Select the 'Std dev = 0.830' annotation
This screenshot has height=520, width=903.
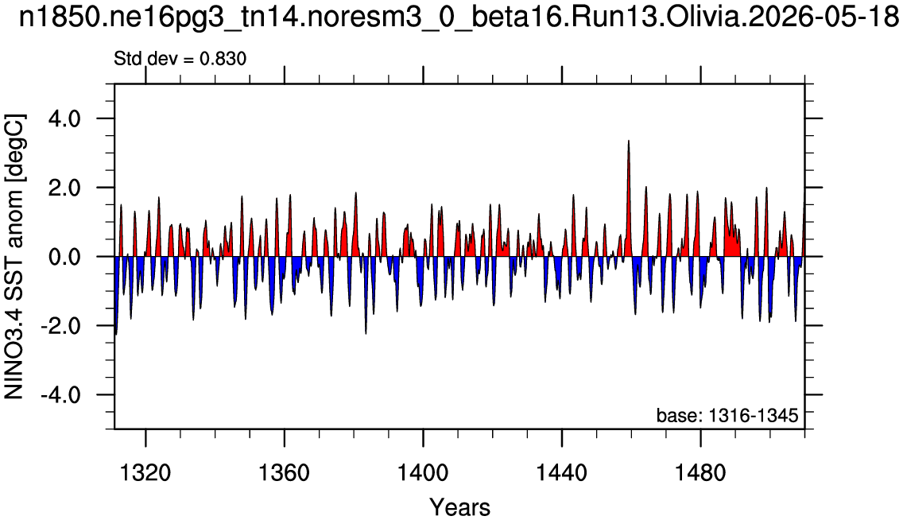(x=180, y=59)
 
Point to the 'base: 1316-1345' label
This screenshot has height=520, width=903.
(x=727, y=415)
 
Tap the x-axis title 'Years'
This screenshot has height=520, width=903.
(x=460, y=507)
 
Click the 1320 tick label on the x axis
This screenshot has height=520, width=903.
(x=146, y=473)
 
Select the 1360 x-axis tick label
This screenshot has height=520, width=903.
(x=285, y=473)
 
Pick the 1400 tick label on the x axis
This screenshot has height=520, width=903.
(x=423, y=473)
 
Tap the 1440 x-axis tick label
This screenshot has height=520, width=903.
(x=562, y=473)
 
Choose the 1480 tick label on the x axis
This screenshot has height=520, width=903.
(x=701, y=473)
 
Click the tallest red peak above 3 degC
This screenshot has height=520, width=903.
(x=628, y=141)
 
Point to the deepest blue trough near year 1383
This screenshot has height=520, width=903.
(x=366, y=333)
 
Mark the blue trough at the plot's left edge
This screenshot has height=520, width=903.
(x=116, y=333)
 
